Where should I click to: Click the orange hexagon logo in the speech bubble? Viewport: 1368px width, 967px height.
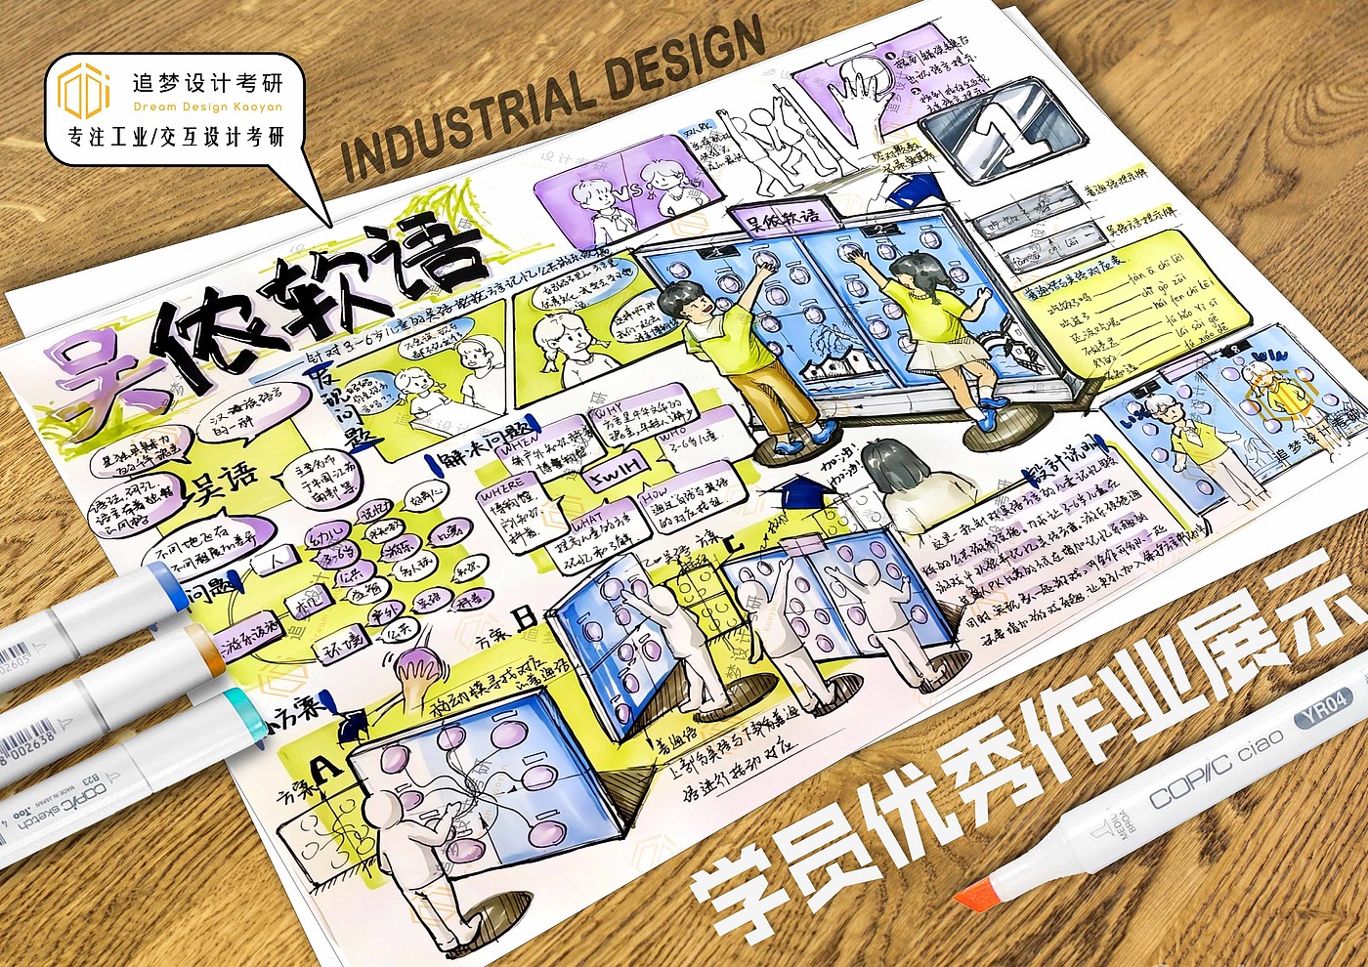83,90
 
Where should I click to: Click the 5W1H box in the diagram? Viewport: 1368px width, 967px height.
615,471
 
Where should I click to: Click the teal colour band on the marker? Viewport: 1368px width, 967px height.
239,706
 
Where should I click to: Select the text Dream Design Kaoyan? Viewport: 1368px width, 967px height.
207,106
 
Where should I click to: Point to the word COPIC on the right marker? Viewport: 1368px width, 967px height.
1188,778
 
